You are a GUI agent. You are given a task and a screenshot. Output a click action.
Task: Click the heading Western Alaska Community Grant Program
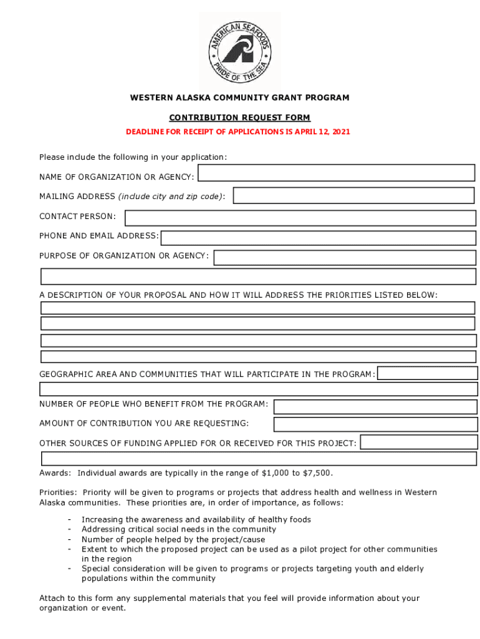[x=239, y=98]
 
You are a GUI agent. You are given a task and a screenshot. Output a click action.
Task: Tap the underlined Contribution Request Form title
[x=239, y=117]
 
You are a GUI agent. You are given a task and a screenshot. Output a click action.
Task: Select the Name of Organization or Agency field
[x=336, y=173]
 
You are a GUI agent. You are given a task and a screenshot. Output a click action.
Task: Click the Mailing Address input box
[x=353, y=195]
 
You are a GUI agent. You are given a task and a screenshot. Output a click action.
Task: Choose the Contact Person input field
[x=300, y=218]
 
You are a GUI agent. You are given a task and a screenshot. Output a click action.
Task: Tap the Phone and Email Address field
[x=318, y=238]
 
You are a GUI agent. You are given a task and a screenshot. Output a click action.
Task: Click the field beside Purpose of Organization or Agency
[x=345, y=258]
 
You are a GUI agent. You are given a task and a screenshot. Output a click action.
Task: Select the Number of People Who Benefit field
[x=375, y=407]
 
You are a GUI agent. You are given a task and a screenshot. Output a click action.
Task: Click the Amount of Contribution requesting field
[x=375, y=424]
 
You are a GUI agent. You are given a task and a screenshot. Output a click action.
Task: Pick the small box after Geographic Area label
[x=428, y=373]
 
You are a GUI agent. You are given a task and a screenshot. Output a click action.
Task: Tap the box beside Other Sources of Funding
[x=419, y=442]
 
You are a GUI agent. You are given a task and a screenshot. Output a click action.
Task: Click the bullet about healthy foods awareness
[x=196, y=520]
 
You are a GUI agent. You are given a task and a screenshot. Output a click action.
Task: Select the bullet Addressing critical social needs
[x=178, y=530]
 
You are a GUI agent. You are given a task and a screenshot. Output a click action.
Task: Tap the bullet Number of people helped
[x=173, y=540]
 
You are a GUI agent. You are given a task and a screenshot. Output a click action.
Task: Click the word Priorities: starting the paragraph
[x=57, y=493]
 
